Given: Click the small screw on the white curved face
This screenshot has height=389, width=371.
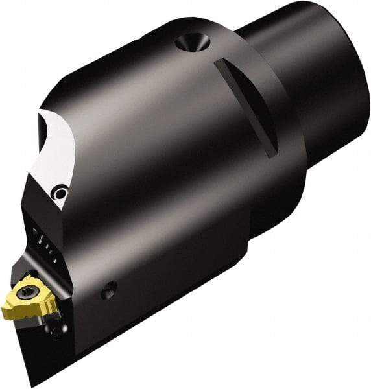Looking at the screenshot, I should (x=60, y=192).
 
